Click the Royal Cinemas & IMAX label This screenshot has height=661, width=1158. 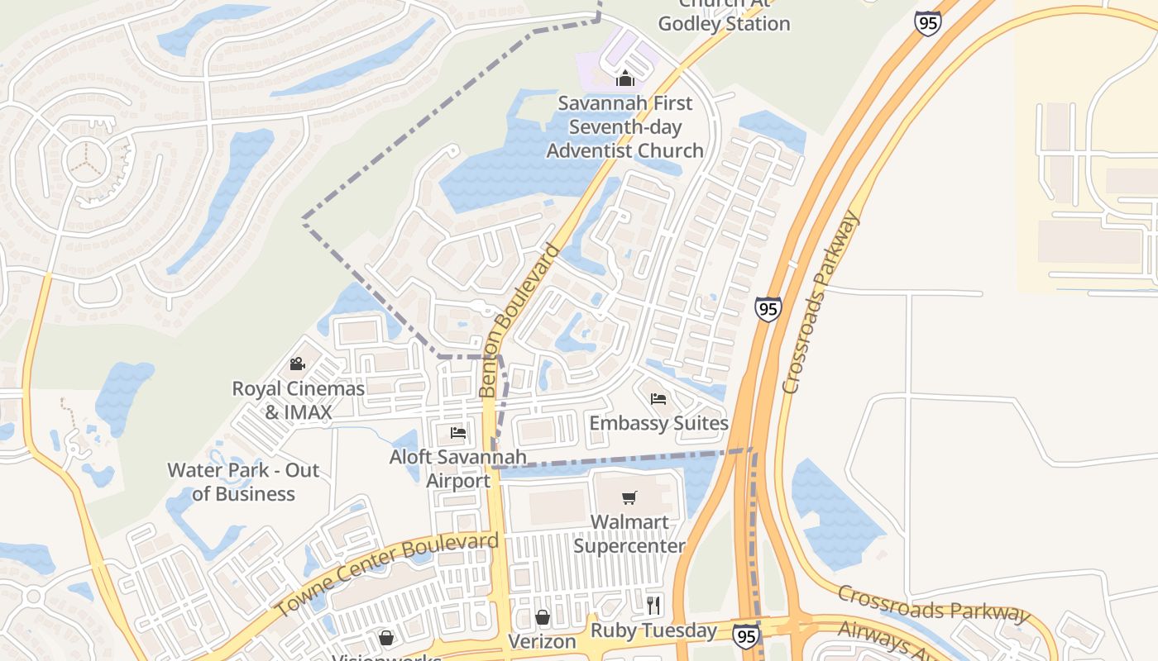pyautogui.click(x=298, y=400)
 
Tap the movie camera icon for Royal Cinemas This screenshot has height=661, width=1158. pyautogui.click(x=298, y=364)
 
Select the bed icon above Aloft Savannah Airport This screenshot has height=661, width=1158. pyautogui.click(x=457, y=432)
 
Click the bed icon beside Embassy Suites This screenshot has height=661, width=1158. pyautogui.click(x=658, y=399)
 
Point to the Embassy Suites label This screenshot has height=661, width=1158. pyautogui.click(x=658, y=423)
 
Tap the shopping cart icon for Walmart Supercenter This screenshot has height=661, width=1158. pyautogui.click(x=629, y=497)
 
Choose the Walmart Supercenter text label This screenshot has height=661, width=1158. pyautogui.click(x=629, y=534)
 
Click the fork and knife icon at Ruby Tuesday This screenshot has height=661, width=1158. pyautogui.click(x=653, y=605)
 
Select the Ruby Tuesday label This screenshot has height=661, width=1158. pyautogui.click(x=653, y=630)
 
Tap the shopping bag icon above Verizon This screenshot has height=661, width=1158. pyautogui.click(x=542, y=617)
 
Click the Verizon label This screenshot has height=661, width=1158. pyautogui.click(x=542, y=641)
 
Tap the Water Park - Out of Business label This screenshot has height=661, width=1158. pyautogui.click(x=243, y=482)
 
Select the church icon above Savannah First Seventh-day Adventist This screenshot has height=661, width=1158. pyautogui.click(x=625, y=79)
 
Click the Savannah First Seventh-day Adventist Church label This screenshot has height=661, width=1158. pyautogui.click(x=625, y=127)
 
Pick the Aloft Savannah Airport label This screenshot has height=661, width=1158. pyautogui.click(x=458, y=468)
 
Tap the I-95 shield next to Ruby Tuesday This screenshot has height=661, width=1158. pyautogui.click(x=745, y=635)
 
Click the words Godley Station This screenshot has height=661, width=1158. pyautogui.click(x=725, y=23)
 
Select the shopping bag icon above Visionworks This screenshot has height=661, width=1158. pyautogui.click(x=386, y=637)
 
